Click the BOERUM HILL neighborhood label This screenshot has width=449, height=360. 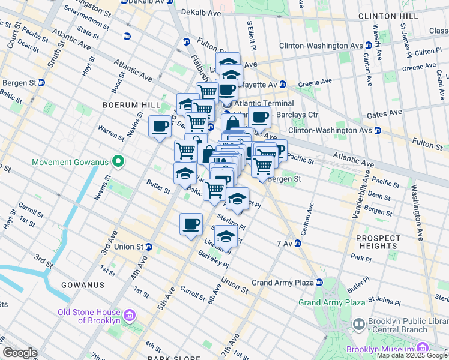(123, 104)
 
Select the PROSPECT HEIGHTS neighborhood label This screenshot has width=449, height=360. (378, 242)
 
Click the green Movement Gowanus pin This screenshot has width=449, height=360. (119, 161)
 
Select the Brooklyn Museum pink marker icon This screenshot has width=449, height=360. (422, 348)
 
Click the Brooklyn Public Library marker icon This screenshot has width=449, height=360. (358, 325)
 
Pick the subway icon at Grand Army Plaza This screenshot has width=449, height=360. (319, 282)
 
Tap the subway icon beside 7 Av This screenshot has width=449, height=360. (297, 244)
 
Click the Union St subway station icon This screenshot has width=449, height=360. (149, 247)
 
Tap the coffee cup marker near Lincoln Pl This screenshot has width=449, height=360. (191, 224)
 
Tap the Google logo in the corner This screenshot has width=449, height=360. (20, 353)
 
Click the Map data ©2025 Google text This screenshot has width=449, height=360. (411, 355)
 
